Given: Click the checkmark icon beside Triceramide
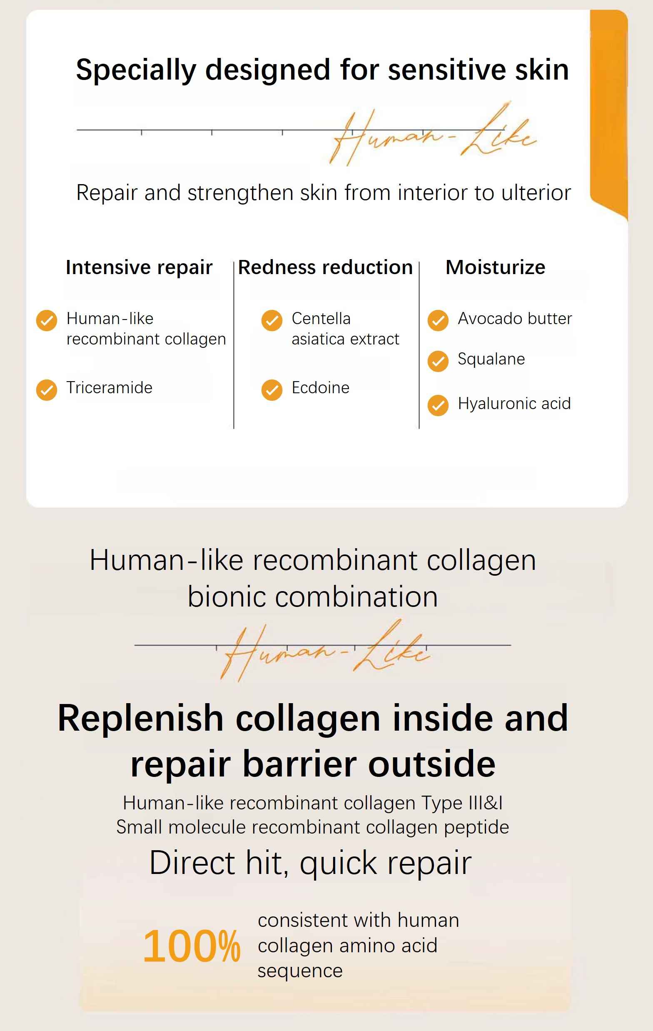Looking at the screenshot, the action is (47, 390).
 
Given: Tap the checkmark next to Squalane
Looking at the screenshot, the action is (438, 361).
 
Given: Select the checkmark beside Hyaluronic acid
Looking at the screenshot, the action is (438, 405).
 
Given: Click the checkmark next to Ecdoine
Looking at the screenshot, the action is (272, 390).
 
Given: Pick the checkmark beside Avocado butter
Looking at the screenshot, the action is (438, 321).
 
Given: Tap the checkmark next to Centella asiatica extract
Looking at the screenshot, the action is (272, 321).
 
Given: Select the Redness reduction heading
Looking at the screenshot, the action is (325, 267).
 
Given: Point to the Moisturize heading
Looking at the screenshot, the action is (496, 267).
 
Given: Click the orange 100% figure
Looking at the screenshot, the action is (192, 946).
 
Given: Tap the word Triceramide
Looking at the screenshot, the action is (110, 387).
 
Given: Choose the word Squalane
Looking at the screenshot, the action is (491, 359).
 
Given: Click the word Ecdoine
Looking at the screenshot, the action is (321, 387).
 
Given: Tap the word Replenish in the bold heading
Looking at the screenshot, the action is (140, 719).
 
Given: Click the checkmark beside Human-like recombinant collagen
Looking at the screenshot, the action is (47, 321).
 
